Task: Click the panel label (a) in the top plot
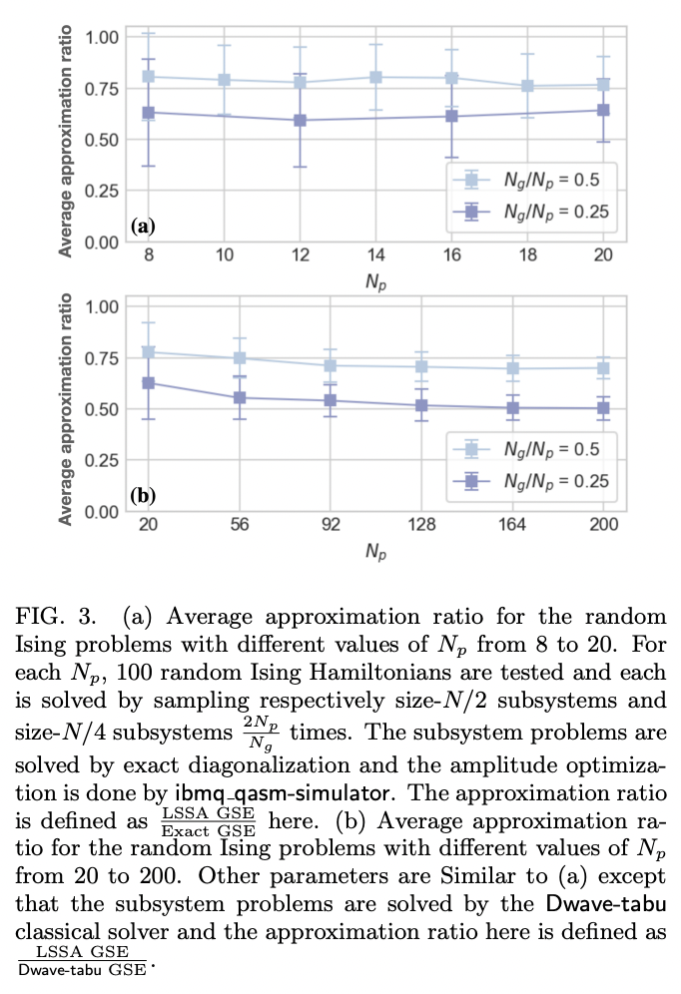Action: point(143,226)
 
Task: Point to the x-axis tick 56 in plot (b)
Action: point(225,526)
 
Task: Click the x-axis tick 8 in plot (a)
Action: point(149,256)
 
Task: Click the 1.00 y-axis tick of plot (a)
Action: point(102,37)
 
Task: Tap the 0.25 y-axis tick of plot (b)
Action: point(102,461)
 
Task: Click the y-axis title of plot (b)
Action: point(67,409)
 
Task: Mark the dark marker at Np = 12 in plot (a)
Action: point(300,120)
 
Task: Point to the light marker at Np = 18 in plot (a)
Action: point(526,86)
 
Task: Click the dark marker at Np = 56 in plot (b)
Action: point(225,397)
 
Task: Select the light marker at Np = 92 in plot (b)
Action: point(300,365)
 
